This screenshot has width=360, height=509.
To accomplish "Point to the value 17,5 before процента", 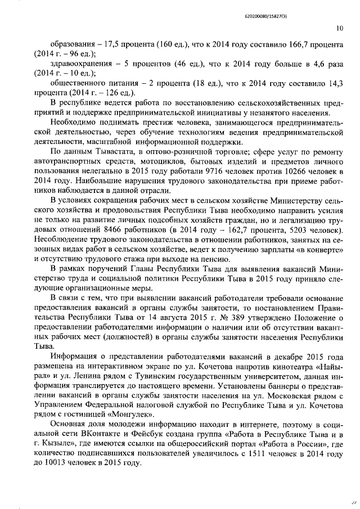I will [105, 44].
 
